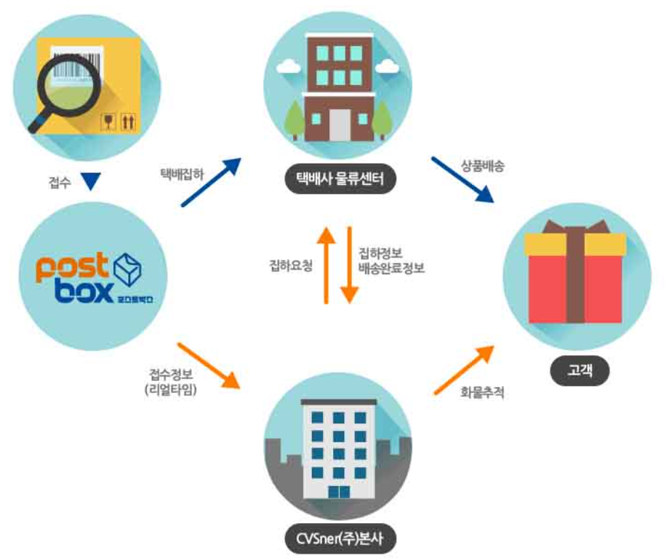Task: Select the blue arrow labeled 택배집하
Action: click(x=212, y=183)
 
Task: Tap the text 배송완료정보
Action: click(x=391, y=268)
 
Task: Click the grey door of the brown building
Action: click(x=339, y=124)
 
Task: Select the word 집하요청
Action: click(x=290, y=266)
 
